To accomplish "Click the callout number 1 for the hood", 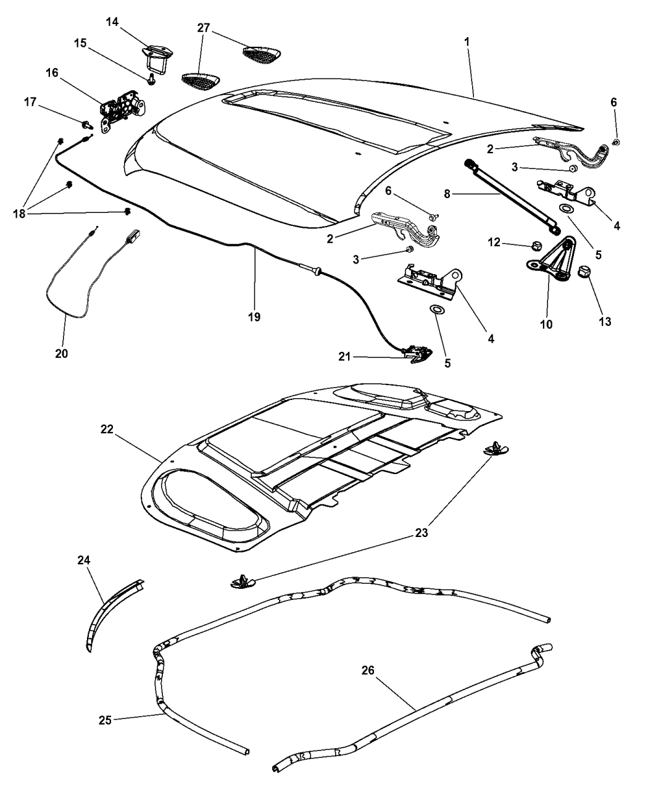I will [467, 41].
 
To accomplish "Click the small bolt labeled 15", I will [151, 78].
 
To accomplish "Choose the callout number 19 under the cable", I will [254, 317].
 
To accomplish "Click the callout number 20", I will [62, 354].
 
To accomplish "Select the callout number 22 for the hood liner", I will [107, 430].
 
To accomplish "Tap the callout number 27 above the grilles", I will [204, 28].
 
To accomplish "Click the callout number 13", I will [605, 322].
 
